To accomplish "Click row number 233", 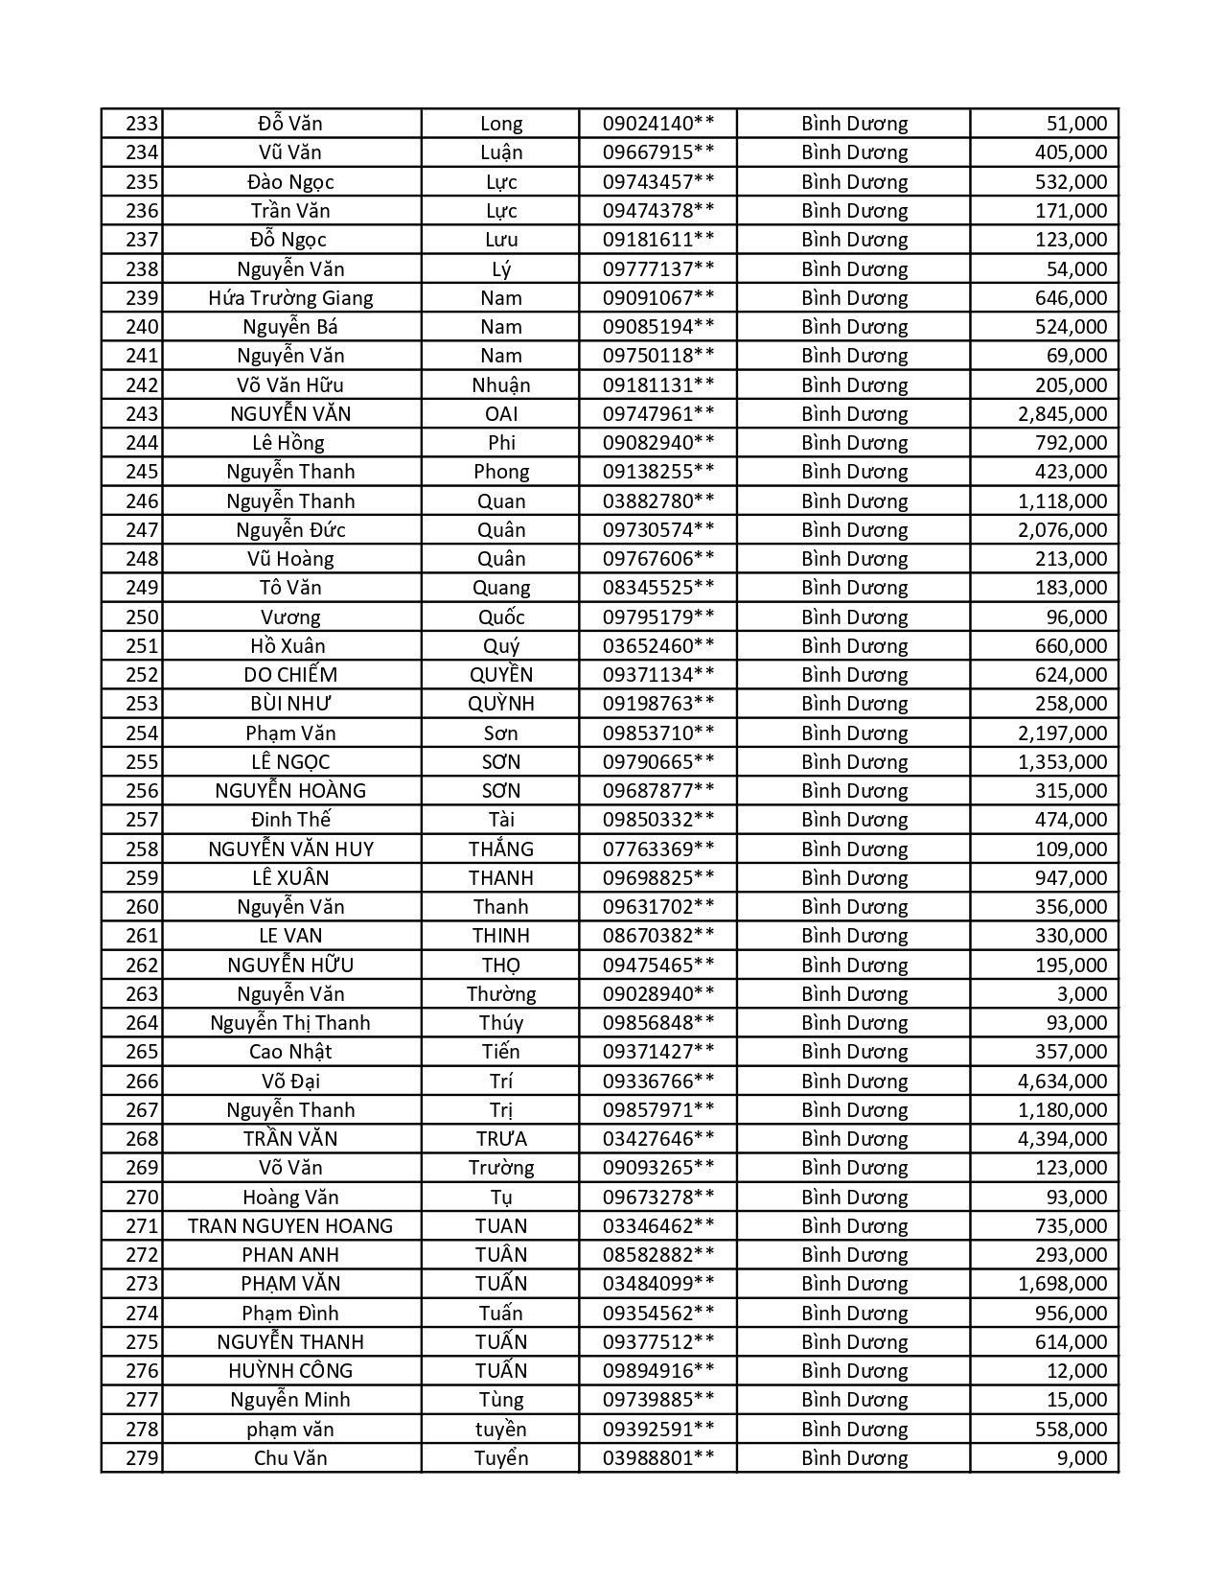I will [x=142, y=124].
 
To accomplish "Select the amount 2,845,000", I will [x=1062, y=414].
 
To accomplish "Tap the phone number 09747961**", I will [x=657, y=414].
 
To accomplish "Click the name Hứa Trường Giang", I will [x=290, y=298].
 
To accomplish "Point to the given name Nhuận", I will [x=500, y=385].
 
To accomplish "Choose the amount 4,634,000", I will [x=1062, y=1082].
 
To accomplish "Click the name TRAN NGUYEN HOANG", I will [x=290, y=1226].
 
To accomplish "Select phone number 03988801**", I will [x=657, y=1458].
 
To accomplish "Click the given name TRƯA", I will [x=500, y=1139].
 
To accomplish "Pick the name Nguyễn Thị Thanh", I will [x=290, y=1023].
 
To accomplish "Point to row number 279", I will [x=142, y=1458].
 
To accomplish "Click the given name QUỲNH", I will [x=500, y=704].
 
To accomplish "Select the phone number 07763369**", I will [x=657, y=849].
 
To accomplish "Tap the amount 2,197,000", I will [x=1062, y=733].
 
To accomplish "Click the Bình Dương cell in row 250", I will [x=854, y=617].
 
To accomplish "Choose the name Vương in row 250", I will [x=290, y=617].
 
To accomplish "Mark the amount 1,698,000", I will [x=1062, y=1284].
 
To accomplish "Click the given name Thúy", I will [x=500, y=1023].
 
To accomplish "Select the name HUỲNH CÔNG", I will [x=290, y=1371].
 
